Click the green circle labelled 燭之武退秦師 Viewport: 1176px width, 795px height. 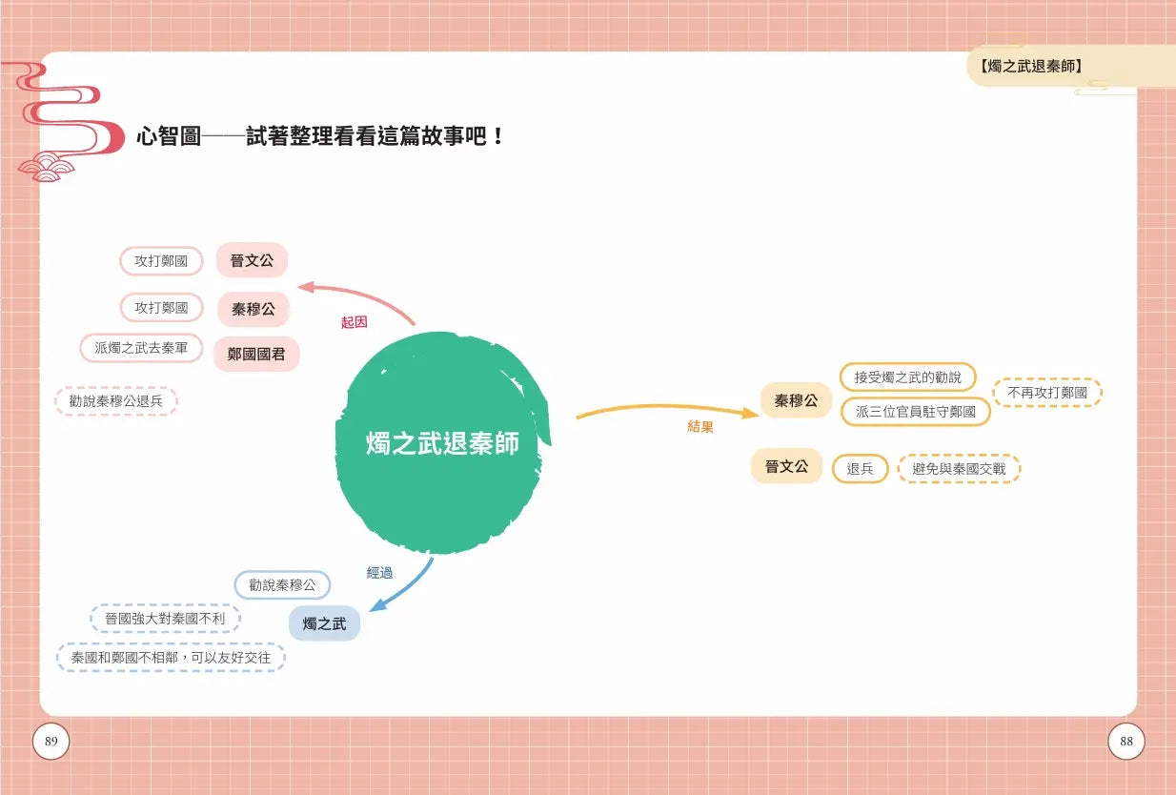(x=441, y=442)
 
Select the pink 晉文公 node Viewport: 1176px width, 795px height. (x=252, y=260)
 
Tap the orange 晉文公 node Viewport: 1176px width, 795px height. (x=786, y=466)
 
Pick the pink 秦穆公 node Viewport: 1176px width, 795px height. (x=253, y=309)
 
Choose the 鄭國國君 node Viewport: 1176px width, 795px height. (x=256, y=354)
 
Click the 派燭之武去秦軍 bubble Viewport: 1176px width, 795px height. (x=141, y=348)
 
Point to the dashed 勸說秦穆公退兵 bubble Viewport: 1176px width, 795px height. (x=116, y=401)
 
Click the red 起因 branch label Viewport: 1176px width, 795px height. (x=354, y=322)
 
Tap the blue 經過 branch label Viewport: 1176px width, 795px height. (x=379, y=572)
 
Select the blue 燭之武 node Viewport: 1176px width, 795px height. (x=324, y=623)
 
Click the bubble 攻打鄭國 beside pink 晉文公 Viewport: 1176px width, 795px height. (x=161, y=261)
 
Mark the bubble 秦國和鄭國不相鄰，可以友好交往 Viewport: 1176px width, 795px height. (x=171, y=658)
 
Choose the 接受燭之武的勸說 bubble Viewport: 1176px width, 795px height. (x=907, y=377)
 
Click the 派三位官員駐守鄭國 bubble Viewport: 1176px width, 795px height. (x=916, y=411)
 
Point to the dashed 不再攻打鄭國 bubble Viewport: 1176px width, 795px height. (x=1047, y=392)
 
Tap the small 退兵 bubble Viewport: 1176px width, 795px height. (x=860, y=468)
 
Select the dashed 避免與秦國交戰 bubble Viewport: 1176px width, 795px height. (x=959, y=468)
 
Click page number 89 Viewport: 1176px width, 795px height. (x=51, y=741)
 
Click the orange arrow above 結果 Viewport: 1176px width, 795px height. (x=667, y=407)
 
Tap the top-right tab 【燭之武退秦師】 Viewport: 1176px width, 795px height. (x=1030, y=66)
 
